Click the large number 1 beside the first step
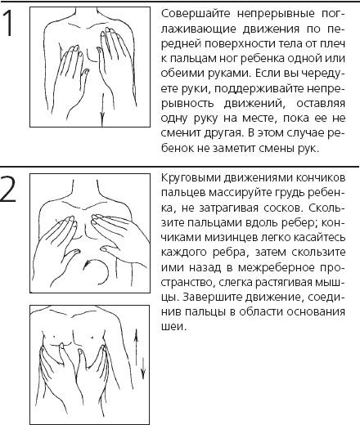(11, 25)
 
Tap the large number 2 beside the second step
(11, 191)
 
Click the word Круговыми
(190, 178)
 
